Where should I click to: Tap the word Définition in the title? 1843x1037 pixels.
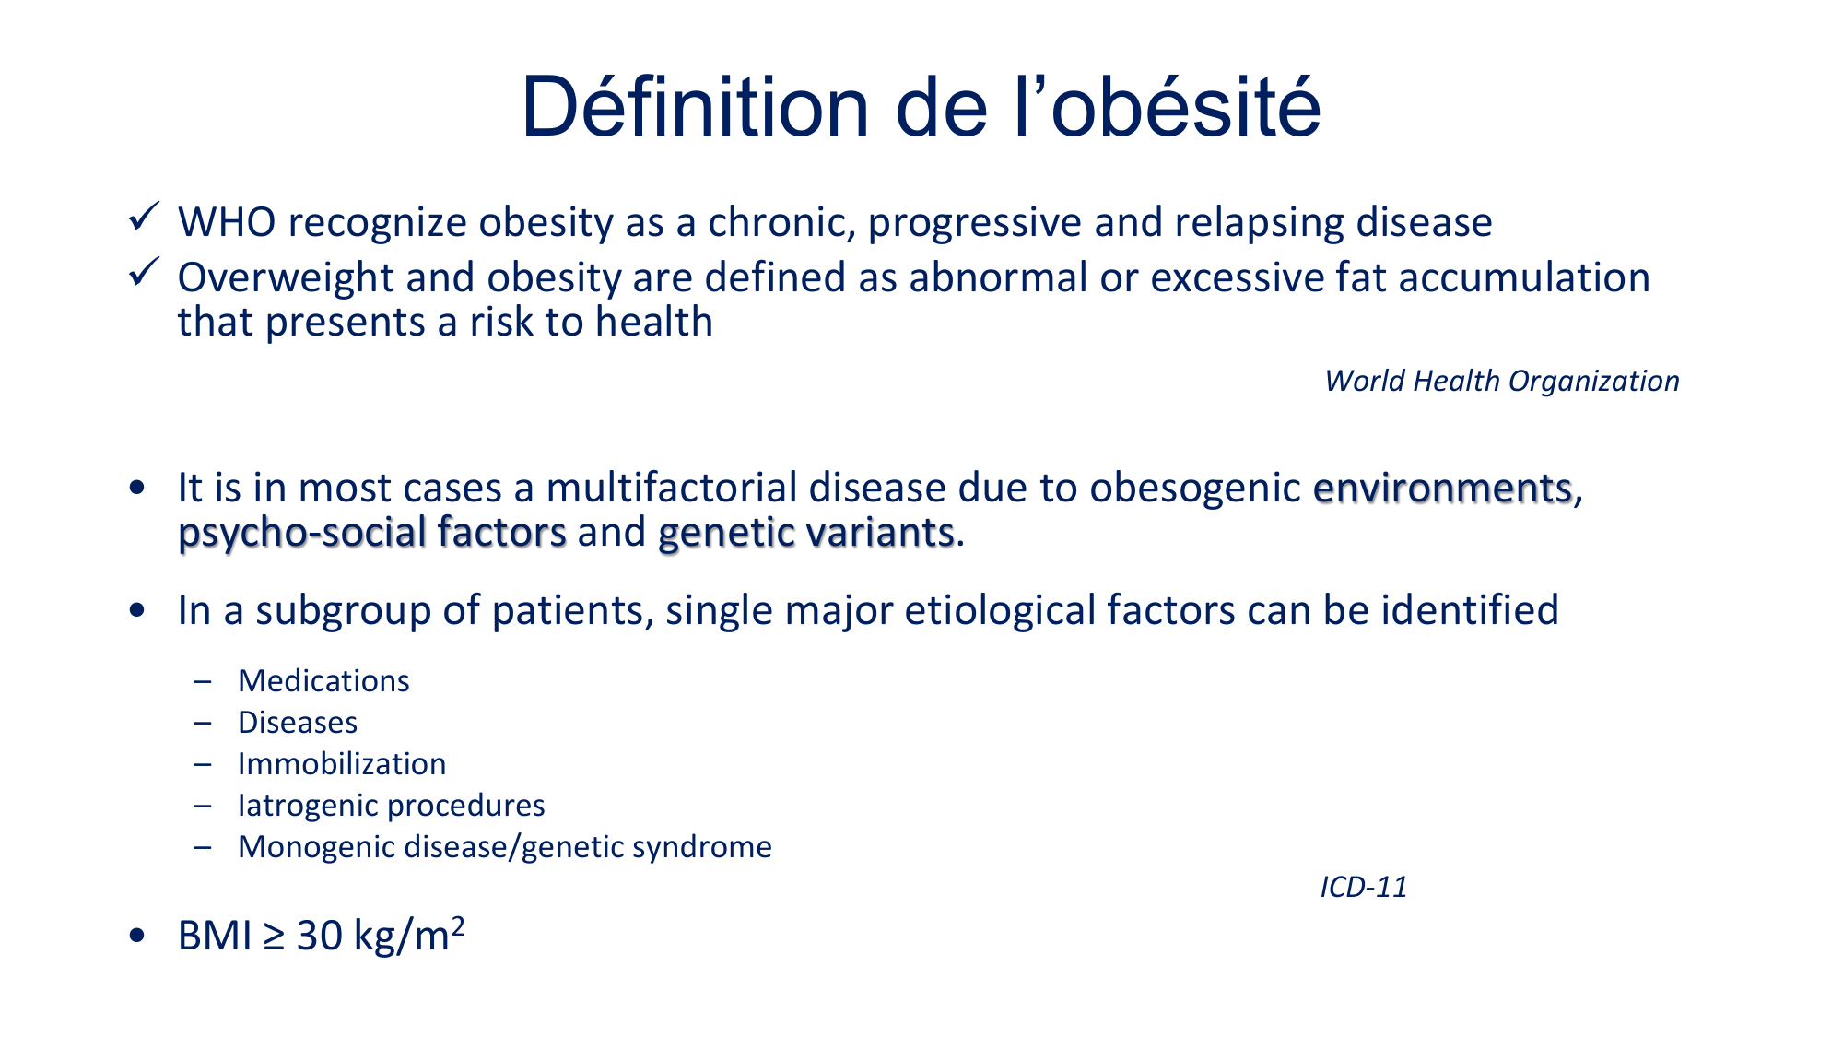tap(696, 107)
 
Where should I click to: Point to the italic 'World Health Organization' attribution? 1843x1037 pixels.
tap(1502, 381)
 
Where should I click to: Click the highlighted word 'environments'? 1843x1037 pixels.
tap(1443, 488)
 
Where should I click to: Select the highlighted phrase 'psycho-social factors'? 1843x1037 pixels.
tap(372, 534)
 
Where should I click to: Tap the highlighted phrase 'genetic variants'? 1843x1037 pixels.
tap(806, 533)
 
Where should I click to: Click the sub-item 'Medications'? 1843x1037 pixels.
tap(323, 680)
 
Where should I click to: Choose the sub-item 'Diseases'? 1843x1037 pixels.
tap(298, 722)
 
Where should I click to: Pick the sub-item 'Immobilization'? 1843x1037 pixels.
tap(342, 763)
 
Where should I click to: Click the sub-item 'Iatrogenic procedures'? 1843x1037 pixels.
tap(392, 806)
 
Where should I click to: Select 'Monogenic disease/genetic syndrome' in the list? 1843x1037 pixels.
tap(505, 847)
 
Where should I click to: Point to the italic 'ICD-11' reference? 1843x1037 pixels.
tap(1364, 887)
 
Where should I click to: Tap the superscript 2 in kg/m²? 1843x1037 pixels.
tap(458, 925)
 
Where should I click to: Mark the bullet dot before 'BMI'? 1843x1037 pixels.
tap(138, 937)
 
